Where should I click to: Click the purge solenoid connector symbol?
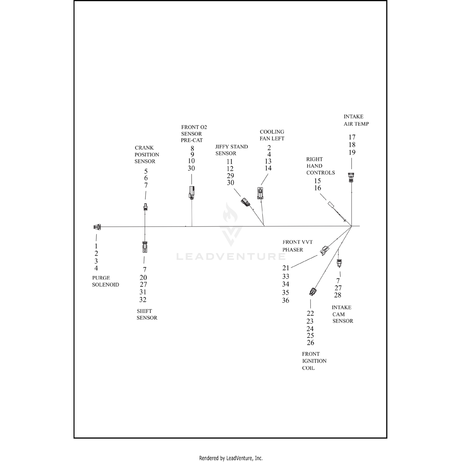click(97, 227)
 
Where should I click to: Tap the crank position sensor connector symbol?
click(145, 207)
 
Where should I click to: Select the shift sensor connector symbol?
click(144, 247)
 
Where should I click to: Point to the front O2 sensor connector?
click(192, 192)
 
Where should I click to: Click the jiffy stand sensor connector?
click(245, 202)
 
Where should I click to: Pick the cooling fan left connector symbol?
click(261, 193)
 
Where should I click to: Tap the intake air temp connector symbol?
click(351, 177)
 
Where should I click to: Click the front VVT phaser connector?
click(324, 250)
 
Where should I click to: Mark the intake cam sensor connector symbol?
click(339, 263)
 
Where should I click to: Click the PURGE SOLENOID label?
click(105, 281)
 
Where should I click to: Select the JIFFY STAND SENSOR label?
click(231, 150)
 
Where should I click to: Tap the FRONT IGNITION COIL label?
click(314, 361)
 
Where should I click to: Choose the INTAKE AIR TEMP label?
click(356, 120)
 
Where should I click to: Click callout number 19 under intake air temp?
click(352, 152)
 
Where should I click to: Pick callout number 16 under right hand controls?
click(318, 188)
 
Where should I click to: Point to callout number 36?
click(286, 300)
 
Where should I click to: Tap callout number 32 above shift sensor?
click(143, 300)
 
